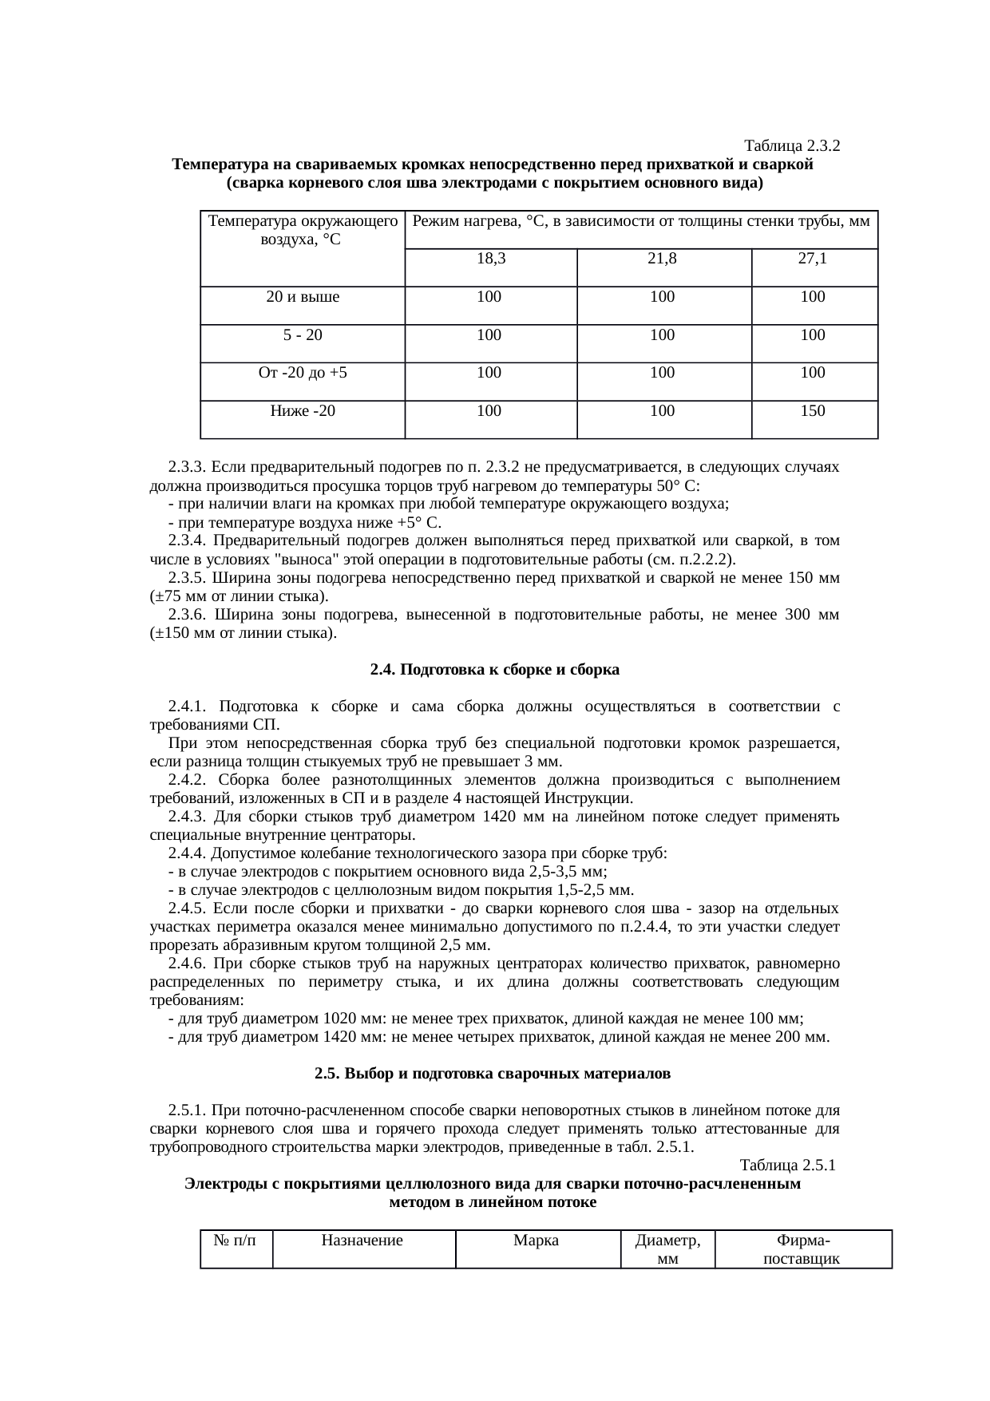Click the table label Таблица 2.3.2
pos(791,146)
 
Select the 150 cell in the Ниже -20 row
pos(813,411)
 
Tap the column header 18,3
pos(489,259)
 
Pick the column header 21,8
pos(663,259)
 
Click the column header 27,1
pos(813,259)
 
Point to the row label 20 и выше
pos(303,297)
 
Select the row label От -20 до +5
pos(303,373)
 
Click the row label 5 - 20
pos(303,335)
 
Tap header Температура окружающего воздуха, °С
pos(303,229)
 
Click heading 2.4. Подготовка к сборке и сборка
pos(495,670)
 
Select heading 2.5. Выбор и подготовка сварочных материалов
pos(493,1074)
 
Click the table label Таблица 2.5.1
pos(787,1166)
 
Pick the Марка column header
pos(536,1241)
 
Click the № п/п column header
pos(236,1241)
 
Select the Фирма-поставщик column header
pos(802,1250)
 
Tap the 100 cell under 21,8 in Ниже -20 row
pos(663,411)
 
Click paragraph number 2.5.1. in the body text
pos(190,1110)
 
